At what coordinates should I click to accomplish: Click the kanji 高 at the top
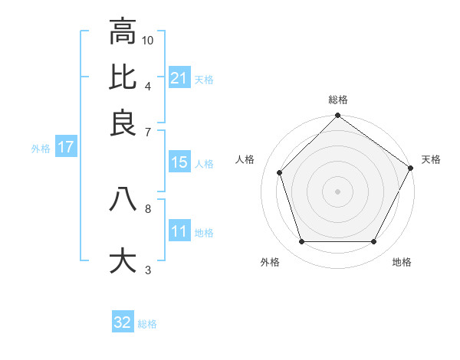(123, 32)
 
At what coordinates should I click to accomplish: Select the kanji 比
(123, 77)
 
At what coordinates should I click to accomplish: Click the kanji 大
(123, 260)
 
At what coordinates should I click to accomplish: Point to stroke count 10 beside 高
(148, 40)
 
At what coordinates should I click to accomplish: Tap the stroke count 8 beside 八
(147, 208)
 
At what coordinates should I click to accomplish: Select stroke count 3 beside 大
(147, 269)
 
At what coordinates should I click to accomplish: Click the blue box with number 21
(179, 78)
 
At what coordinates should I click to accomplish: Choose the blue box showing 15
(179, 162)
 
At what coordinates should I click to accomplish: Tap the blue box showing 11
(179, 231)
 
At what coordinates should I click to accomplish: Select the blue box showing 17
(66, 147)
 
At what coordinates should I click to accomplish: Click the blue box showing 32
(123, 322)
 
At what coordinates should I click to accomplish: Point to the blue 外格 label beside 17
(41, 148)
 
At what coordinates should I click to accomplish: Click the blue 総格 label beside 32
(148, 324)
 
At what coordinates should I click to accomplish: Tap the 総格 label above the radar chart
(338, 100)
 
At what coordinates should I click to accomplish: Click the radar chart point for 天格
(410, 168)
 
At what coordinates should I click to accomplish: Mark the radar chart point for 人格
(280, 172)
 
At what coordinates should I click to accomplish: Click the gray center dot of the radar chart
(338, 191)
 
